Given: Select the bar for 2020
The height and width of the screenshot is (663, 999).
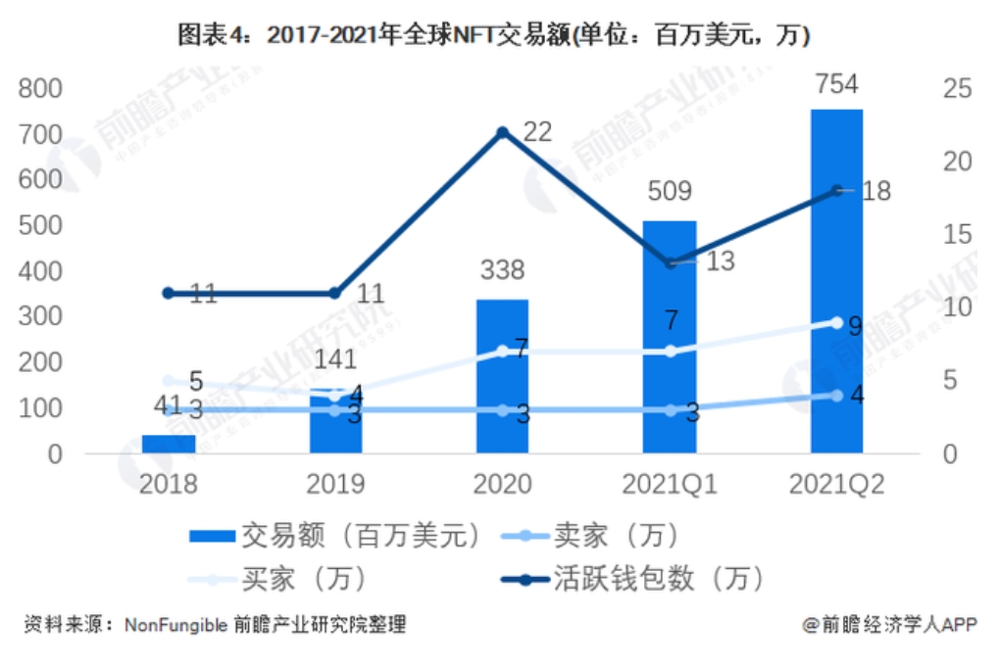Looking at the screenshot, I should point(502,377).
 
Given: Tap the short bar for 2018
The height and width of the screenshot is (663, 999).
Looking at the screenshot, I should point(169,444).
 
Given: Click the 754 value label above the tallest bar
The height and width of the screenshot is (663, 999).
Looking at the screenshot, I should point(836,84).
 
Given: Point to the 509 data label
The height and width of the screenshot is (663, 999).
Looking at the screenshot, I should point(670,192).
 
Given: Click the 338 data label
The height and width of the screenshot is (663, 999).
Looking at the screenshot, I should point(502,270).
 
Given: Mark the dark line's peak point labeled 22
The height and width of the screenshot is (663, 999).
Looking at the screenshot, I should point(502,132).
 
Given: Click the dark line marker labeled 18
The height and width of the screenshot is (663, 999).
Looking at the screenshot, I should point(836,190).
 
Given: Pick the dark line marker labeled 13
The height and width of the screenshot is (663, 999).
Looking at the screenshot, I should point(670,263).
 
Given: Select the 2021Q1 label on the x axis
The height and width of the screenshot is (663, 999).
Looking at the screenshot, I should point(670,485).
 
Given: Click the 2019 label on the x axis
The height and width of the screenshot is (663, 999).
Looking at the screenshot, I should point(335,485).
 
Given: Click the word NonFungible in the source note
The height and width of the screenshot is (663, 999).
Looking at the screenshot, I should point(176,625).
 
